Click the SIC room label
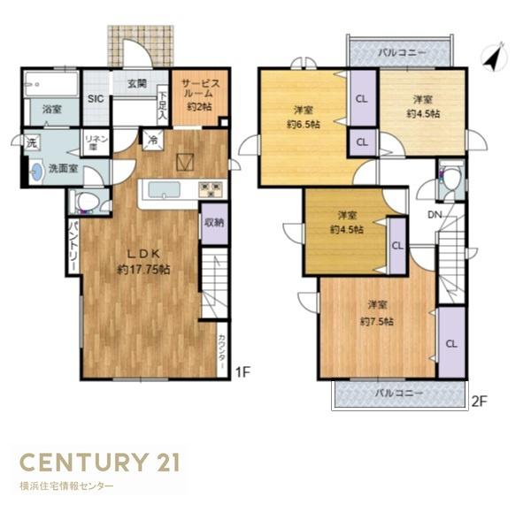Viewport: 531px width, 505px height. point(96,99)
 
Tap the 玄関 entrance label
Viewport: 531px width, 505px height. point(137,84)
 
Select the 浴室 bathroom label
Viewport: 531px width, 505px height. point(52,110)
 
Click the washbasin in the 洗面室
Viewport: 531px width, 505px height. point(36,172)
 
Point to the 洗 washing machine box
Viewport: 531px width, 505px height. point(32,143)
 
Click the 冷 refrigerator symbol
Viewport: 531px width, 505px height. point(153,140)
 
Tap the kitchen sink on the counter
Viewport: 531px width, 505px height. point(165,190)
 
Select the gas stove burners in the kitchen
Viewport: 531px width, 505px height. point(212,189)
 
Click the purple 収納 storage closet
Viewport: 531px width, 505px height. point(215,224)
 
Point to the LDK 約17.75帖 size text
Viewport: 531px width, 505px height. point(143,270)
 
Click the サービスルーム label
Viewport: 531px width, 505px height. point(201,88)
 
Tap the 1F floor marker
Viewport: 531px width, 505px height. point(242,372)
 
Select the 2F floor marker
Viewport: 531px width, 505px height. point(479,402)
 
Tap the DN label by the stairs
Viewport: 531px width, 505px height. point(435,215)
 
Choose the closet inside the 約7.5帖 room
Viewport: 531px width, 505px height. point(451,342)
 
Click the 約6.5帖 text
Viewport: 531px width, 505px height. point(304,125)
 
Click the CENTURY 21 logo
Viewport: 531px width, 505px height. point(100,463)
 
